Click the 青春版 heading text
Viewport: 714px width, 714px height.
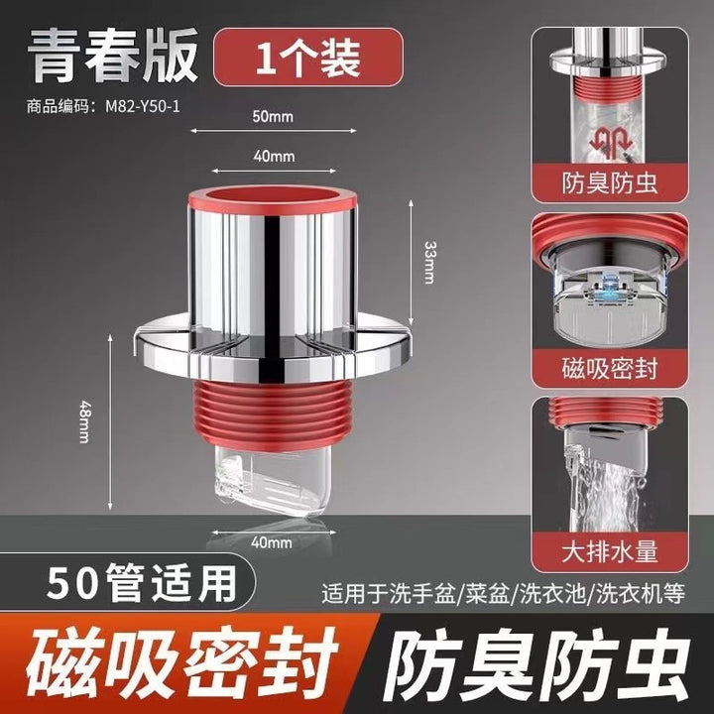tap(113, 56)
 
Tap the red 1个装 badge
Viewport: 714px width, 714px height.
tap(308, 58)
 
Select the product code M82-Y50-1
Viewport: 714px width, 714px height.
tap(143, 106)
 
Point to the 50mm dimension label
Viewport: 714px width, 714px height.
tap(273, 117)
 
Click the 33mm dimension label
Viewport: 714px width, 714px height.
tap(429, 262)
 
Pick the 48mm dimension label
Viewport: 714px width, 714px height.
tap(84, 421)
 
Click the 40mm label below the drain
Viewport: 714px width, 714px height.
tap(272, 541)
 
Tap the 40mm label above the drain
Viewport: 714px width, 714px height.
tap(274, 157)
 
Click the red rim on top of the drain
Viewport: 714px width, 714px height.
tap(273, 200)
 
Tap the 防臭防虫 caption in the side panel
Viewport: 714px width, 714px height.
tap(610, 183)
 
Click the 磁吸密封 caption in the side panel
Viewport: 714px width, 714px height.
tap(610, 368)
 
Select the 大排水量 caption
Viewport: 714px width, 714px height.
tap(610, 552)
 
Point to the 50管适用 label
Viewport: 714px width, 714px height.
tap(142, 583)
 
